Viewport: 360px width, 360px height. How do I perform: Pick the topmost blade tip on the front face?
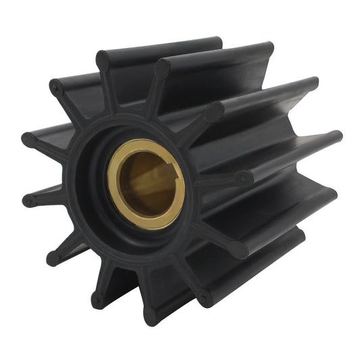click(x=103, y=61)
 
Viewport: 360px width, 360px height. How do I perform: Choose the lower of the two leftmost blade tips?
click(x=29, y=201)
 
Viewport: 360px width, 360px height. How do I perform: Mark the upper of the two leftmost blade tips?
click(x=28, y=139)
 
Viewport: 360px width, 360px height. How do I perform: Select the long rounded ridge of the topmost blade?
click(x=162, y=51)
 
